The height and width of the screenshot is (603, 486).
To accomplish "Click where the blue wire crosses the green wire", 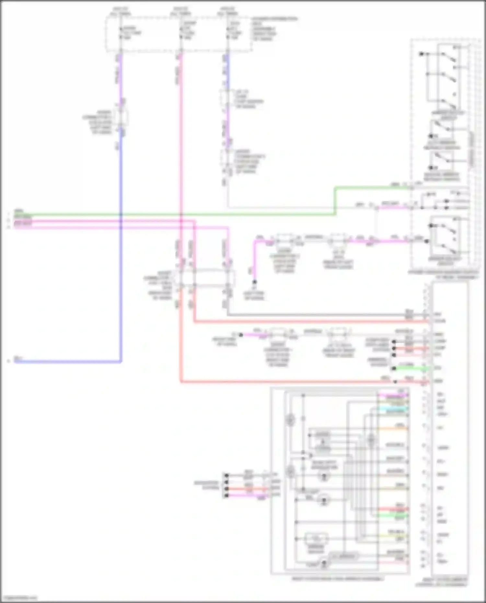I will point(121,215).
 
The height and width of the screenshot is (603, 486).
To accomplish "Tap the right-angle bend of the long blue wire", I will point(121,361).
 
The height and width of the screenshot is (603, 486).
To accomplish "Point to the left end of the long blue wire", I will point(16,361).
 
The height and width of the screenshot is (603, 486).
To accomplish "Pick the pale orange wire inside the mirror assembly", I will point(394,428).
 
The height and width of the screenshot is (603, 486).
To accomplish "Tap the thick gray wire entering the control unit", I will point(324,315).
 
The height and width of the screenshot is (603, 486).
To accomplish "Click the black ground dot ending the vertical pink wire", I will point(255,282).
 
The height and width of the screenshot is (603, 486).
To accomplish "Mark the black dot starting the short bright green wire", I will point(394,368).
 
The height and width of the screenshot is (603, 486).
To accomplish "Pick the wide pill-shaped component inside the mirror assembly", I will point(343,556).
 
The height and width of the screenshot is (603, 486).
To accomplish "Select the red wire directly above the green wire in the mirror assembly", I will point(394,509).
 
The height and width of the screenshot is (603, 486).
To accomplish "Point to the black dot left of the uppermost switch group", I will point(421,54).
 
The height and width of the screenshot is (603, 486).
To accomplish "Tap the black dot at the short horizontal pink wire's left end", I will point(241,335).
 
